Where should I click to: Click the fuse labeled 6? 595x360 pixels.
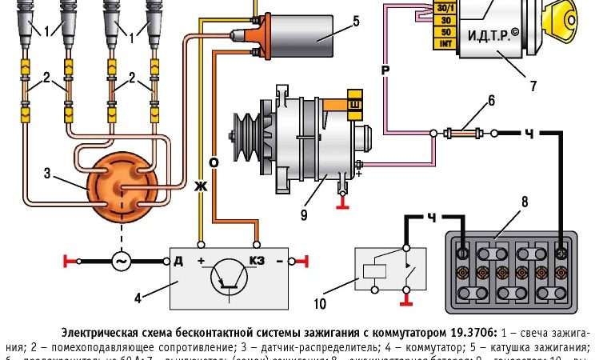(465, 132)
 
